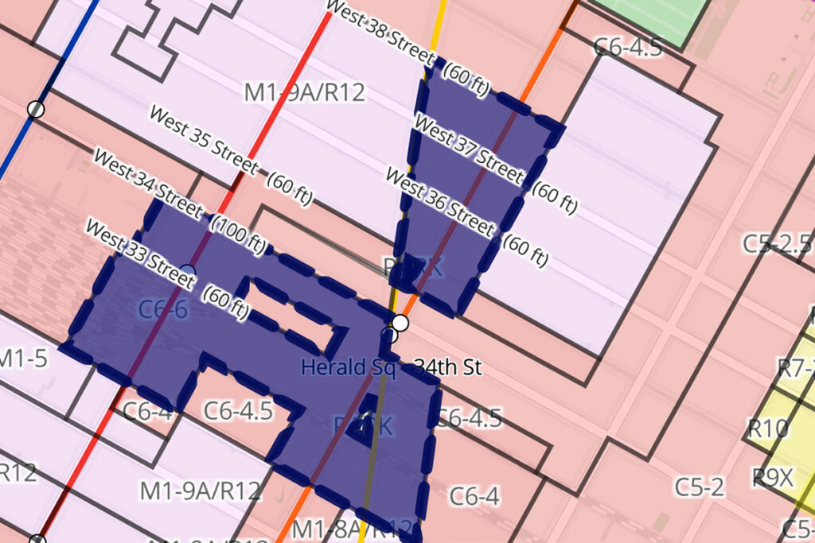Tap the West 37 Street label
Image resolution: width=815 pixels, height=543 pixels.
(x=469, y=150)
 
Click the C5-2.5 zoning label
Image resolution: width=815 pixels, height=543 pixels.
(x=777, y=243)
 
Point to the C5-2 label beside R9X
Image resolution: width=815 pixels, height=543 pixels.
(x=700, y=487)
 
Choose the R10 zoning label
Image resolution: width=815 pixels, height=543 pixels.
(x=766, y=429)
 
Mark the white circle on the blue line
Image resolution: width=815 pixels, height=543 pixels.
(x=35, y=109)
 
